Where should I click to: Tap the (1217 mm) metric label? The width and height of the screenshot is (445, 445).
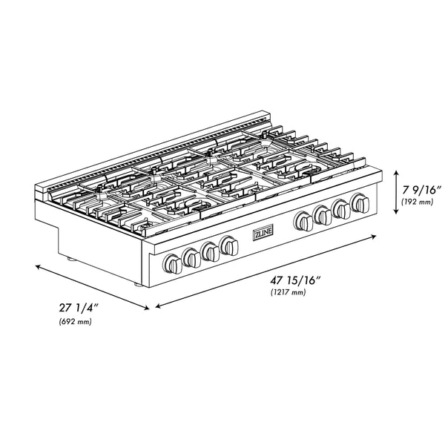pos(289,293)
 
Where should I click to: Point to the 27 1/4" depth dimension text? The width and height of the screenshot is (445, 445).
pos(78,308)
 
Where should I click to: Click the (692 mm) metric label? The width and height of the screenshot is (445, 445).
pos(74,321)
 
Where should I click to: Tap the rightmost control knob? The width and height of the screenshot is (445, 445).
pos(361,202)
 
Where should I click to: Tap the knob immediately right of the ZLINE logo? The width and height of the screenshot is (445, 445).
pos(303,220)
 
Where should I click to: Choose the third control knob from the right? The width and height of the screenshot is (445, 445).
pos(323,214)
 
